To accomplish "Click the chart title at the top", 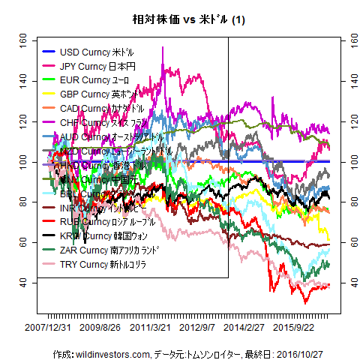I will pyautogui.click(x=180, y=18).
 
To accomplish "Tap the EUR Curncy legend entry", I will pyautogui.click(x=94, y=80).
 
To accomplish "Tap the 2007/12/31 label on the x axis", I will pyautogui.click(x=48, y=327).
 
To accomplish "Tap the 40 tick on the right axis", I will pyautogui.click(x=346, y=283).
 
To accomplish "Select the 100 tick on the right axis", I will pyautogui.click(x=346, y=161).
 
